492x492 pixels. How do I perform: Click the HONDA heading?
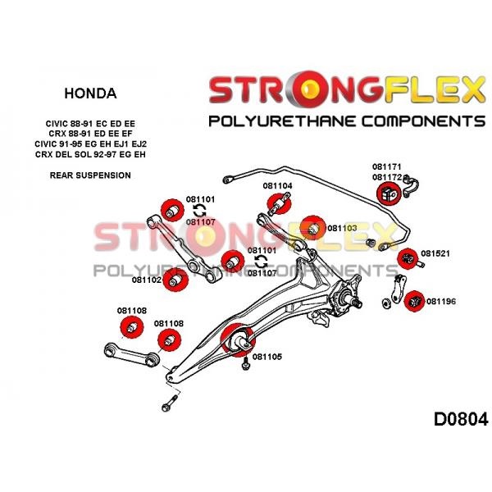click(90, 93)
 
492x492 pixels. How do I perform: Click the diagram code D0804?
click(461, 419)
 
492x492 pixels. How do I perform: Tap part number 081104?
click(277, 186)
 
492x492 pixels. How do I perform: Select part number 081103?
click(342, 228)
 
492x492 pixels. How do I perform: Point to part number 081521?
click(435, 253)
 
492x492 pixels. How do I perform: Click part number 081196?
click(441, 301)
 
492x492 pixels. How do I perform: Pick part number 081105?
click(267, 357)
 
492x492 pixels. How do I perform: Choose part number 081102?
click(147, 280)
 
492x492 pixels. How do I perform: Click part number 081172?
click(387, 177)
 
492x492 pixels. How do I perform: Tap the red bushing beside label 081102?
click(176, 280)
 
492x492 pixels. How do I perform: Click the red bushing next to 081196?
click(414, 301)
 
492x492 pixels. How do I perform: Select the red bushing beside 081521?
click(408, 258)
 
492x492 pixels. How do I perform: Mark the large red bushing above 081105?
click(238, 339)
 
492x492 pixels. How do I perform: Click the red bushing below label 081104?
click(279, 204)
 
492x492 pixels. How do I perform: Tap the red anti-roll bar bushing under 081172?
click(389, 194)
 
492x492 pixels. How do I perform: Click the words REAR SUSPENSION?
click(90, 175)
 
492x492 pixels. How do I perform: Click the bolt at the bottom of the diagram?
click(170, 403)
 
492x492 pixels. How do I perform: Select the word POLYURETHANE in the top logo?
click(279, 121)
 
